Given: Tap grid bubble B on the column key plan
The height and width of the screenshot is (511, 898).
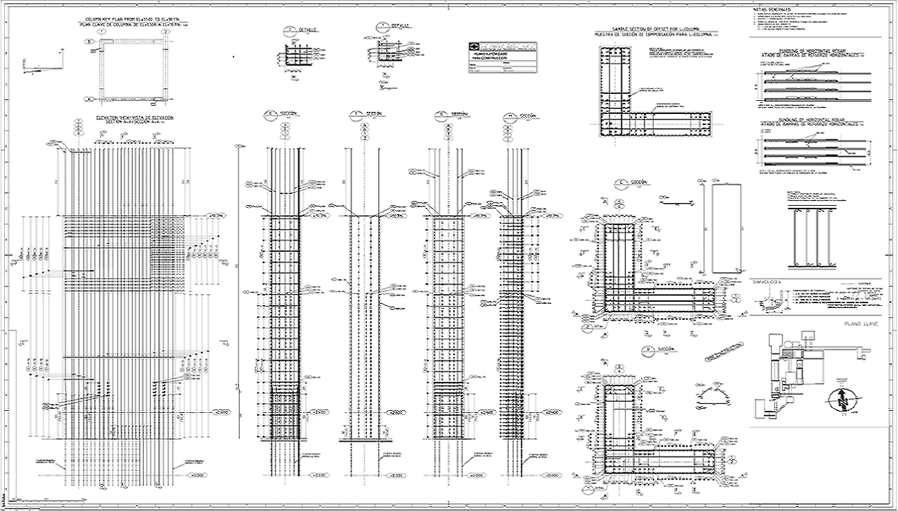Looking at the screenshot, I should pos(88,41).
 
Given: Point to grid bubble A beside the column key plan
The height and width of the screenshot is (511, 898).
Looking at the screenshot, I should pos(88,99).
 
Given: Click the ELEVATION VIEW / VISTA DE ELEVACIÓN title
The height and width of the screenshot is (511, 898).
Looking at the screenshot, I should pos(135,118).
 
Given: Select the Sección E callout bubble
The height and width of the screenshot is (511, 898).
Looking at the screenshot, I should pos(271,114).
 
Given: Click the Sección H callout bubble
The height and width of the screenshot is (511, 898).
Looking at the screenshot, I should pos(510,115).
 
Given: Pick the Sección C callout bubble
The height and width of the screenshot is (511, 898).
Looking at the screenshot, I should pos(621,183).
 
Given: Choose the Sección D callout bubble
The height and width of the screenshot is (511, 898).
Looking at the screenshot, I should pos(648,350).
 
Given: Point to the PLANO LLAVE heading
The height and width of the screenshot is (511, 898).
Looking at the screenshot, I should pos(859,323).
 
